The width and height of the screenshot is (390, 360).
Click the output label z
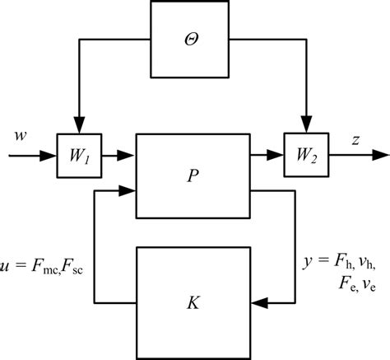click(355, 140)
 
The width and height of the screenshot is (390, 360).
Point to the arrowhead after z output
click(380, 154)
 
